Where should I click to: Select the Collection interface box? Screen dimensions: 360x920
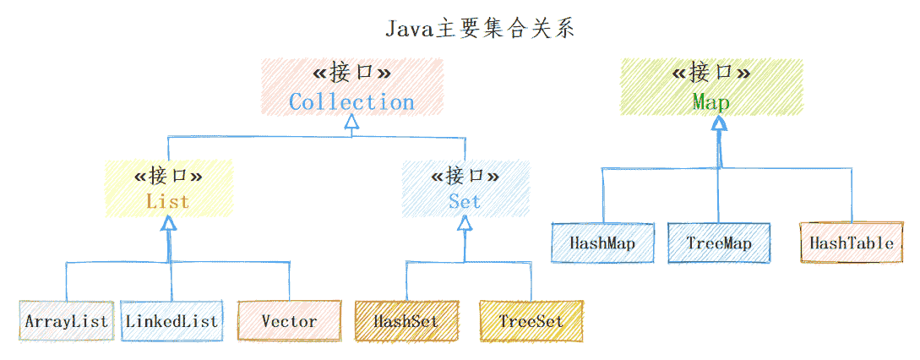(351, 87)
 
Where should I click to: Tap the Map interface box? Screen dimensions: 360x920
(711, 87)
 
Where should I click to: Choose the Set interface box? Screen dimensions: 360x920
(465, 188)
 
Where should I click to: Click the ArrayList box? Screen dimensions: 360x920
(66, 321)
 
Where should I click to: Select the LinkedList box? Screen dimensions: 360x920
(171, 321)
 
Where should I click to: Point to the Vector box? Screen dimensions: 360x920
(289, 321)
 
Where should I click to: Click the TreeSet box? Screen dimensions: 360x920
(531, 321)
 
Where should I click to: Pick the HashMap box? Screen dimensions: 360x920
(602, 243)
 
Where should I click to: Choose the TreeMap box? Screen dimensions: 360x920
(719, 243)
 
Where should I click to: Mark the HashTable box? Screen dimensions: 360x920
(851, 243)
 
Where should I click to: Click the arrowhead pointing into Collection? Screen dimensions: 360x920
(351, 123)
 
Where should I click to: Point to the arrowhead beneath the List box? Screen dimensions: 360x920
(169, 223)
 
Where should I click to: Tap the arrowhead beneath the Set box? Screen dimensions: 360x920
(465, 224)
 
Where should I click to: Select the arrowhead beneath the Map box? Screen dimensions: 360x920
(718, 123)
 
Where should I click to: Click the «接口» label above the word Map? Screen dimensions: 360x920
(711, 73)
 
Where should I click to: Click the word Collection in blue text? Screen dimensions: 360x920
(351, 102)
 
